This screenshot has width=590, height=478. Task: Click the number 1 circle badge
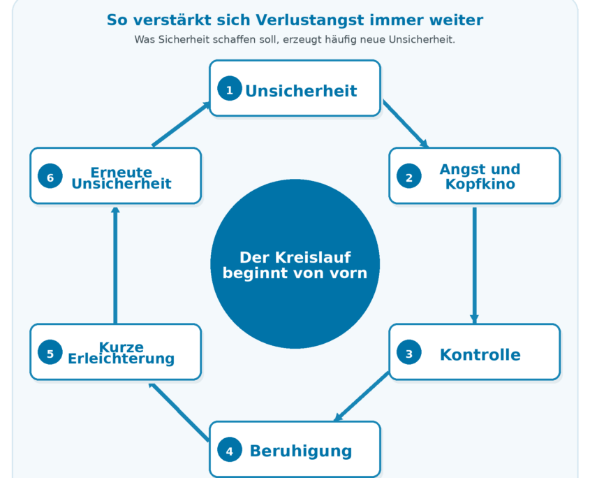click(230, 89)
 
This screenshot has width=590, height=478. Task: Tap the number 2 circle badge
click(409, 176)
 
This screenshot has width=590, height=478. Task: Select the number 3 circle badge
click(409, 352)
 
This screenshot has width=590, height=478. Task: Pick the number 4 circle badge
click(230, 450)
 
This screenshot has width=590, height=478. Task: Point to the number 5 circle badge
click(50, 352)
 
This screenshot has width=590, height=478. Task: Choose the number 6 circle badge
click(50, 176)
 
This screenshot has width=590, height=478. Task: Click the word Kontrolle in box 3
click(480, 355)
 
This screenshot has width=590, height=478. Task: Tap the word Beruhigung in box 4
click(301, 451)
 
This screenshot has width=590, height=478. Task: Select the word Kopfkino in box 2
click(480, 184)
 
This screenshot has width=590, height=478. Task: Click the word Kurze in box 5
click(121, 347)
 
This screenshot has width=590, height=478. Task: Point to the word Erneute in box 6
click(121, 172)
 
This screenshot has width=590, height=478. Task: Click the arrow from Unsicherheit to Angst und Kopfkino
click(406, 124)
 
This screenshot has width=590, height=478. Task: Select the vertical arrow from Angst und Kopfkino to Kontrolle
click(475, 265)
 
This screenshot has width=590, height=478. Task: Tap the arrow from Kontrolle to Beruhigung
click(361, 396)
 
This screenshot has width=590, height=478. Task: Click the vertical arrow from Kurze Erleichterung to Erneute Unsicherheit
click(115, 265)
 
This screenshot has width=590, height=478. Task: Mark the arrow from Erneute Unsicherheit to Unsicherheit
click(181, 124)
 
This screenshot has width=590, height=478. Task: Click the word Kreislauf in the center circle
click(313, 258)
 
